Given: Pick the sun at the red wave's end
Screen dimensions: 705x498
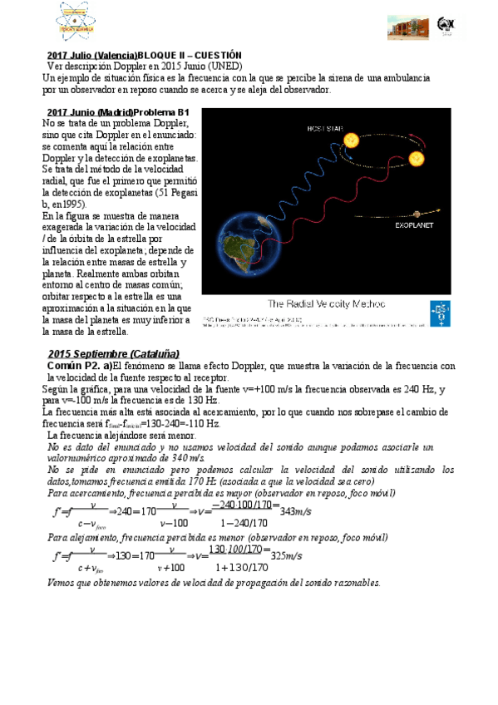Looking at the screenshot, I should (415, 157).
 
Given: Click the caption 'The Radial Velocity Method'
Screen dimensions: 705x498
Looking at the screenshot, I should (326, 303).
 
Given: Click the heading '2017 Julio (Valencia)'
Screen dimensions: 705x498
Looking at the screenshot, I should (91, 54).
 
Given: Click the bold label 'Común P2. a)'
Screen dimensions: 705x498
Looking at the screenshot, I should (80, 366).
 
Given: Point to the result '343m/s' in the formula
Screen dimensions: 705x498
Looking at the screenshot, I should (296, 510).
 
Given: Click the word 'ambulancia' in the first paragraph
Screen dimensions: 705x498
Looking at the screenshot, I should (402, 77).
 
